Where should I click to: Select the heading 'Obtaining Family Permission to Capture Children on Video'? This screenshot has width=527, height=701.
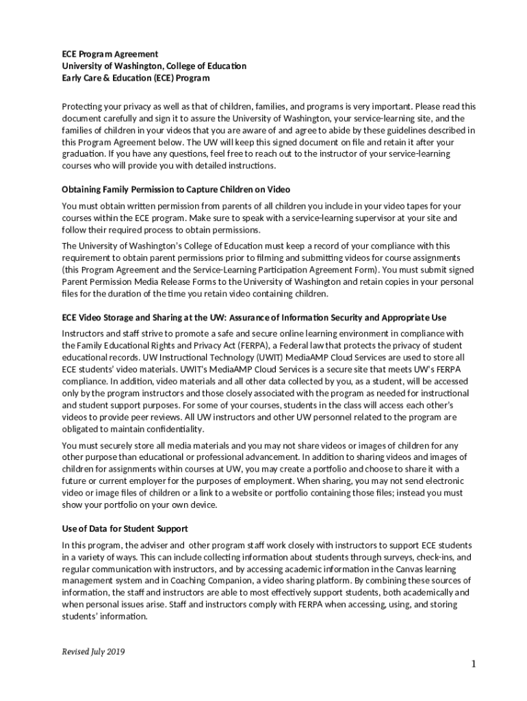(x=176, y=189)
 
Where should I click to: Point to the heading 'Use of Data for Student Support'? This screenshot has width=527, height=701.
(x=125, y=529)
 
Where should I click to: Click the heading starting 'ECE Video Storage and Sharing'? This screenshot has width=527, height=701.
(x=254, y=318)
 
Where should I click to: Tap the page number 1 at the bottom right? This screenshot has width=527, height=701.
(x=472, y=664)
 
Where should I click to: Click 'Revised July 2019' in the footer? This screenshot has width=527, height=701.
(x=93, y=651)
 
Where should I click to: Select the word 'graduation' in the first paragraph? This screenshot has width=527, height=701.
(x=83, y=154)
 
